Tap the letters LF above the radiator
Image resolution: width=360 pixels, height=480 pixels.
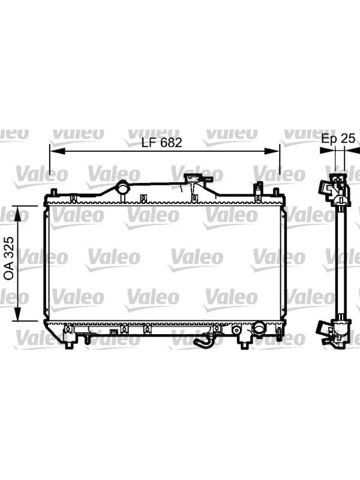pyautogui.click(x=149, y=143)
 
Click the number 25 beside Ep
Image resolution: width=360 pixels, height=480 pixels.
pyautogui.click(x=348, y=139)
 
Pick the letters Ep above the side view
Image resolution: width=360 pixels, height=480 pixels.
pyautogui.click(x=329, y=139)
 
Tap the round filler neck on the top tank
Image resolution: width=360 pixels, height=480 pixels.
pyautogui.click(x=123, y=188)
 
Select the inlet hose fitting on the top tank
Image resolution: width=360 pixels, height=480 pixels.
pyautogui.click(x=196, y=179)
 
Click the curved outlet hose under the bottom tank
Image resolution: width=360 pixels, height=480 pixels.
pyautogui.click(x=203, y=343)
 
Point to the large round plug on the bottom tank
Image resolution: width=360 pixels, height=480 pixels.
pyautogui.click(x=259, y=329)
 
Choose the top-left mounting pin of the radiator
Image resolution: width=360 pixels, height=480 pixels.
pyautogui.click(x=53, y=192)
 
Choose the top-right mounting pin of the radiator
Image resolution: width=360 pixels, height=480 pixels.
pyautogui.click(x=276, y=192)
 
